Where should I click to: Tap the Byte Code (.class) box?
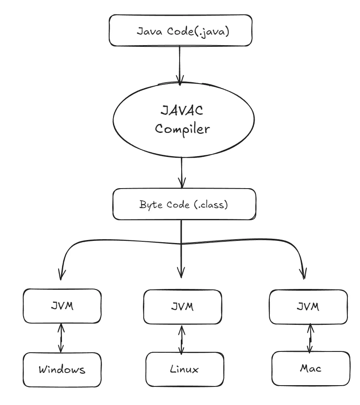pyautogui.click(x=184, y=204)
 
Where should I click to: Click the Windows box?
pyautogui.click(x=62, y=370)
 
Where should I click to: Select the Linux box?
pyautogui.click(x=184, y=370)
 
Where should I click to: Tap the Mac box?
pyautogui.click(x=310, y=369)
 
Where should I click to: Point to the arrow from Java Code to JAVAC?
pyautogui.click(x=180, y=63)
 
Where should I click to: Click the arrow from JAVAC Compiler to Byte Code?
pyautogui.click(x=181, y=172)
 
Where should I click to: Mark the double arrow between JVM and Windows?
pyautogui.click(x=61, y=338)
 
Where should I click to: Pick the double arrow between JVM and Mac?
pyautogui.click(x=310, y=338)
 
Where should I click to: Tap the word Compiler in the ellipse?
pyautogui.click(x=181, y=130)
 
